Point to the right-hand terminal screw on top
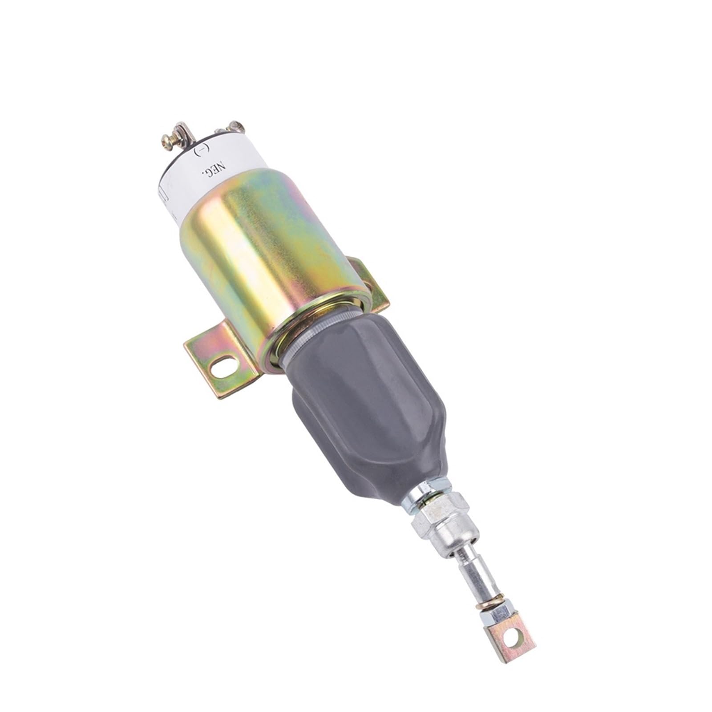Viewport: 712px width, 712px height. tap(234, 128)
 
